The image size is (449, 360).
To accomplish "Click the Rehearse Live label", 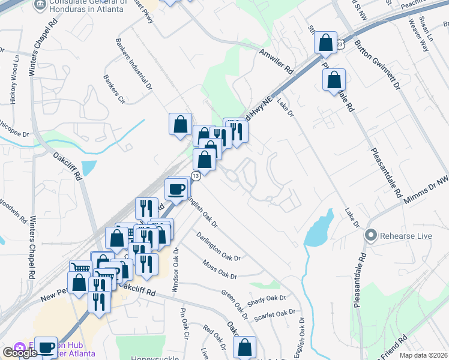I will click(405, 235).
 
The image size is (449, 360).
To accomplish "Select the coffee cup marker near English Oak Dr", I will click(176, 188).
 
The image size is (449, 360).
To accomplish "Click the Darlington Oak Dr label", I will click(218, 246).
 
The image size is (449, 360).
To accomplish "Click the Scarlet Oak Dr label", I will click(276, 313).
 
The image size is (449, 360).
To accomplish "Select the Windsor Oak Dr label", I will click(175, 271).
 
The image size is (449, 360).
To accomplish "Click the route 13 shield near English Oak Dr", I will click(196, 175).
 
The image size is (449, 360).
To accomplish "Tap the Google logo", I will click(19, 352).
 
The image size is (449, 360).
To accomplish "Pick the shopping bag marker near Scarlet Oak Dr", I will click(245, 347).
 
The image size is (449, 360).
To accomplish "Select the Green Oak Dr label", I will click(235, 304).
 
